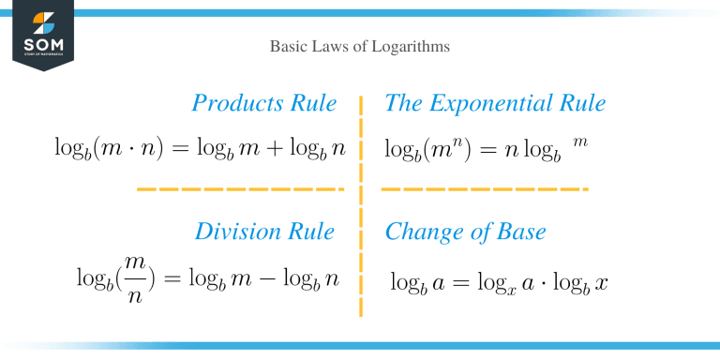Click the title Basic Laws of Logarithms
(x=359, y=45)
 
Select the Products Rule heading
(x=263, y=103)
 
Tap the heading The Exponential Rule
(x=495, y=103)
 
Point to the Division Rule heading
(x=263, y=232)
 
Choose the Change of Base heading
(x=465, y=232)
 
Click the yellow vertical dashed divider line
(x=361, y=206)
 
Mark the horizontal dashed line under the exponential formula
(x=485, y=189)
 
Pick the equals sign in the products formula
(x=190, y=147)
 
